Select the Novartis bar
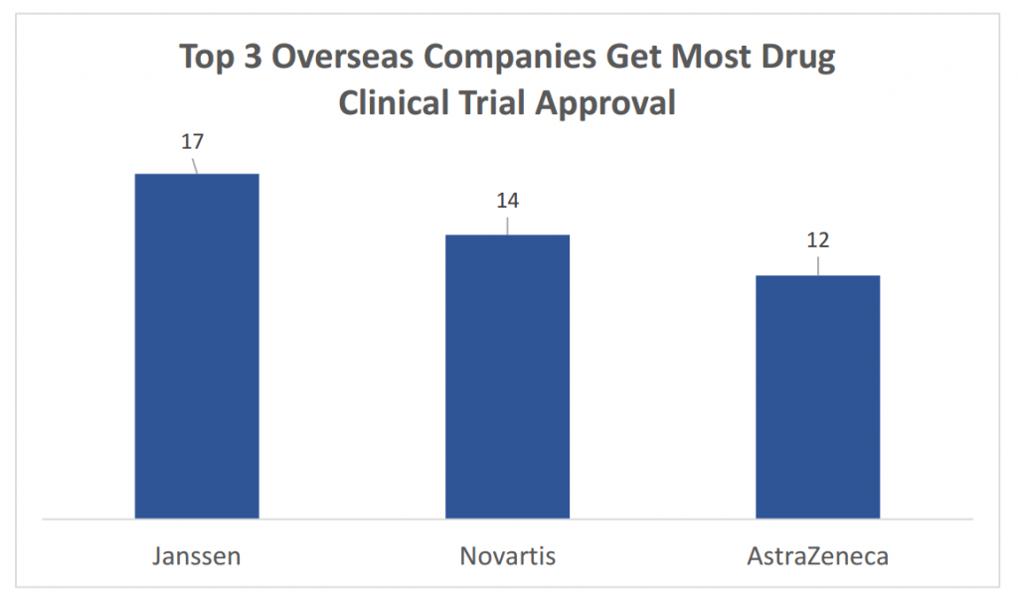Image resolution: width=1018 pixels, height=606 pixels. click(507, 377)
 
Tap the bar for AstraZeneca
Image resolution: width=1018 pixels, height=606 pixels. click(817, 396)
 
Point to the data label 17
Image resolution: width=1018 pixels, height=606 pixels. click(192, 141)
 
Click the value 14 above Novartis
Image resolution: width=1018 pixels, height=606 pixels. click(507, 201)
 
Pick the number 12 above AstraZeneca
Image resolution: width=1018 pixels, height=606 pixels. click(817, 240)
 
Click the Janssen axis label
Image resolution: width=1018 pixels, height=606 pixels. click(197, 555)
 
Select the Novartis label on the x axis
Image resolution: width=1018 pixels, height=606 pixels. click(507, 555)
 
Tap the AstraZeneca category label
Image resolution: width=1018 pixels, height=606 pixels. click(817, 555)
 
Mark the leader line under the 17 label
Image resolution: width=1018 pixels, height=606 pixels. click(195, 164)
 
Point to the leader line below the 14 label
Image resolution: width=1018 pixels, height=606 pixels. click(507, 224)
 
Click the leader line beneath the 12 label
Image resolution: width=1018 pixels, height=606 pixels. click(817, 264)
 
